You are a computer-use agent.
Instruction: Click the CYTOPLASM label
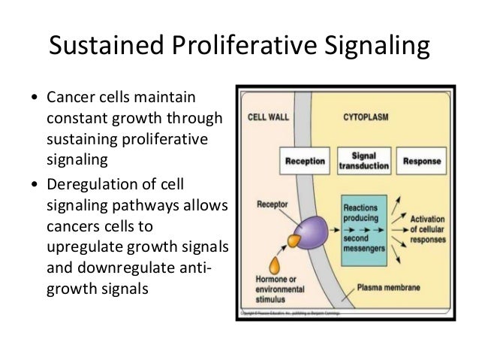pyautogui.click(x=366, y=117)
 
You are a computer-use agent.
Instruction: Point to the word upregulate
pyautogui.click(x=83, y=247)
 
